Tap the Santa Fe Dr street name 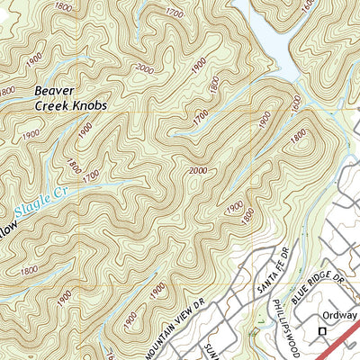262,270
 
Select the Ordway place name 340,316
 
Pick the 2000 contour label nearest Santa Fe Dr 202,172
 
